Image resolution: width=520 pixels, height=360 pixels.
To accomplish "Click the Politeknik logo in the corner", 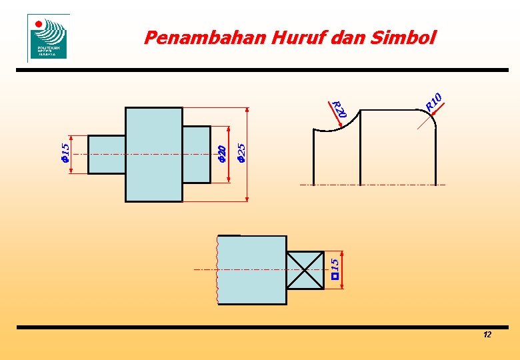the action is [x=48, y=38].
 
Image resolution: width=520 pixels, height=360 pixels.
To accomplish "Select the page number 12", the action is [x=487, y=335].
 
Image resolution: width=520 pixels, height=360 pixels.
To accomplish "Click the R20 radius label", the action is [x=339, y=109].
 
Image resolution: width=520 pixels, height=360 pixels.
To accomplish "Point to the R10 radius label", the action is [x=433, y=102].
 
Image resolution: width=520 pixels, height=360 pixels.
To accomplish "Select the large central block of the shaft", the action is [x=153, y=154].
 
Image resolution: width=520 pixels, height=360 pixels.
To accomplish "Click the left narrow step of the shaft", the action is [x=107, y=154].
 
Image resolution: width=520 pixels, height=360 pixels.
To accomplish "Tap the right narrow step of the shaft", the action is [x=196, y=154].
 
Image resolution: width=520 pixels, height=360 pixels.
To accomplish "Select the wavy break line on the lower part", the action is [x=217, y=270].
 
